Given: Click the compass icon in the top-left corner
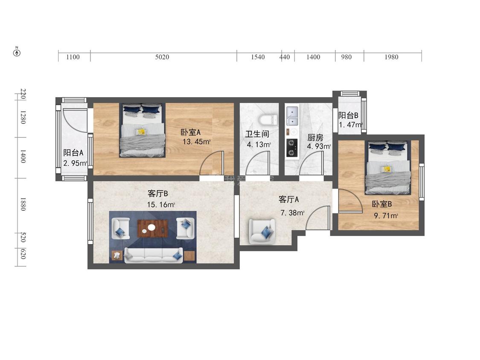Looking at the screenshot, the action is [17, 52].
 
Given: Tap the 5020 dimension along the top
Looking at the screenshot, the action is [162, 57].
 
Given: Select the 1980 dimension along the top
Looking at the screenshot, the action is [391, 57].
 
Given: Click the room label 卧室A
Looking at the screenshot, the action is [190, 132].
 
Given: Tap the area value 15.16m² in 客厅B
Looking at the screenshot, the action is [161, 204].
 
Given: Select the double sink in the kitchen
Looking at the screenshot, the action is [292, 116].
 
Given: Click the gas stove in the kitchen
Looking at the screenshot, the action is [292, 148].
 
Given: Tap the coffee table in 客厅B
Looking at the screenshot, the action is [153, 228].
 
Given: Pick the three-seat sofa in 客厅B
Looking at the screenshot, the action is [153, 255].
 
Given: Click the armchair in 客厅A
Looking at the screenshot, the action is [262, 231].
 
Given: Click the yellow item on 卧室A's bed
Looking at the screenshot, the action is [141, 132].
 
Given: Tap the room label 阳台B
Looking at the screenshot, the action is [348, 115].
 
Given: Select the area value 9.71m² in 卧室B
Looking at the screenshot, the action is [386, 216].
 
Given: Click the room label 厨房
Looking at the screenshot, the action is [315, 137].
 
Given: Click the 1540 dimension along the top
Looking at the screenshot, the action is [258, 57].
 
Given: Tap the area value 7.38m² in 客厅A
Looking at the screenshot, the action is [292, 212].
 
